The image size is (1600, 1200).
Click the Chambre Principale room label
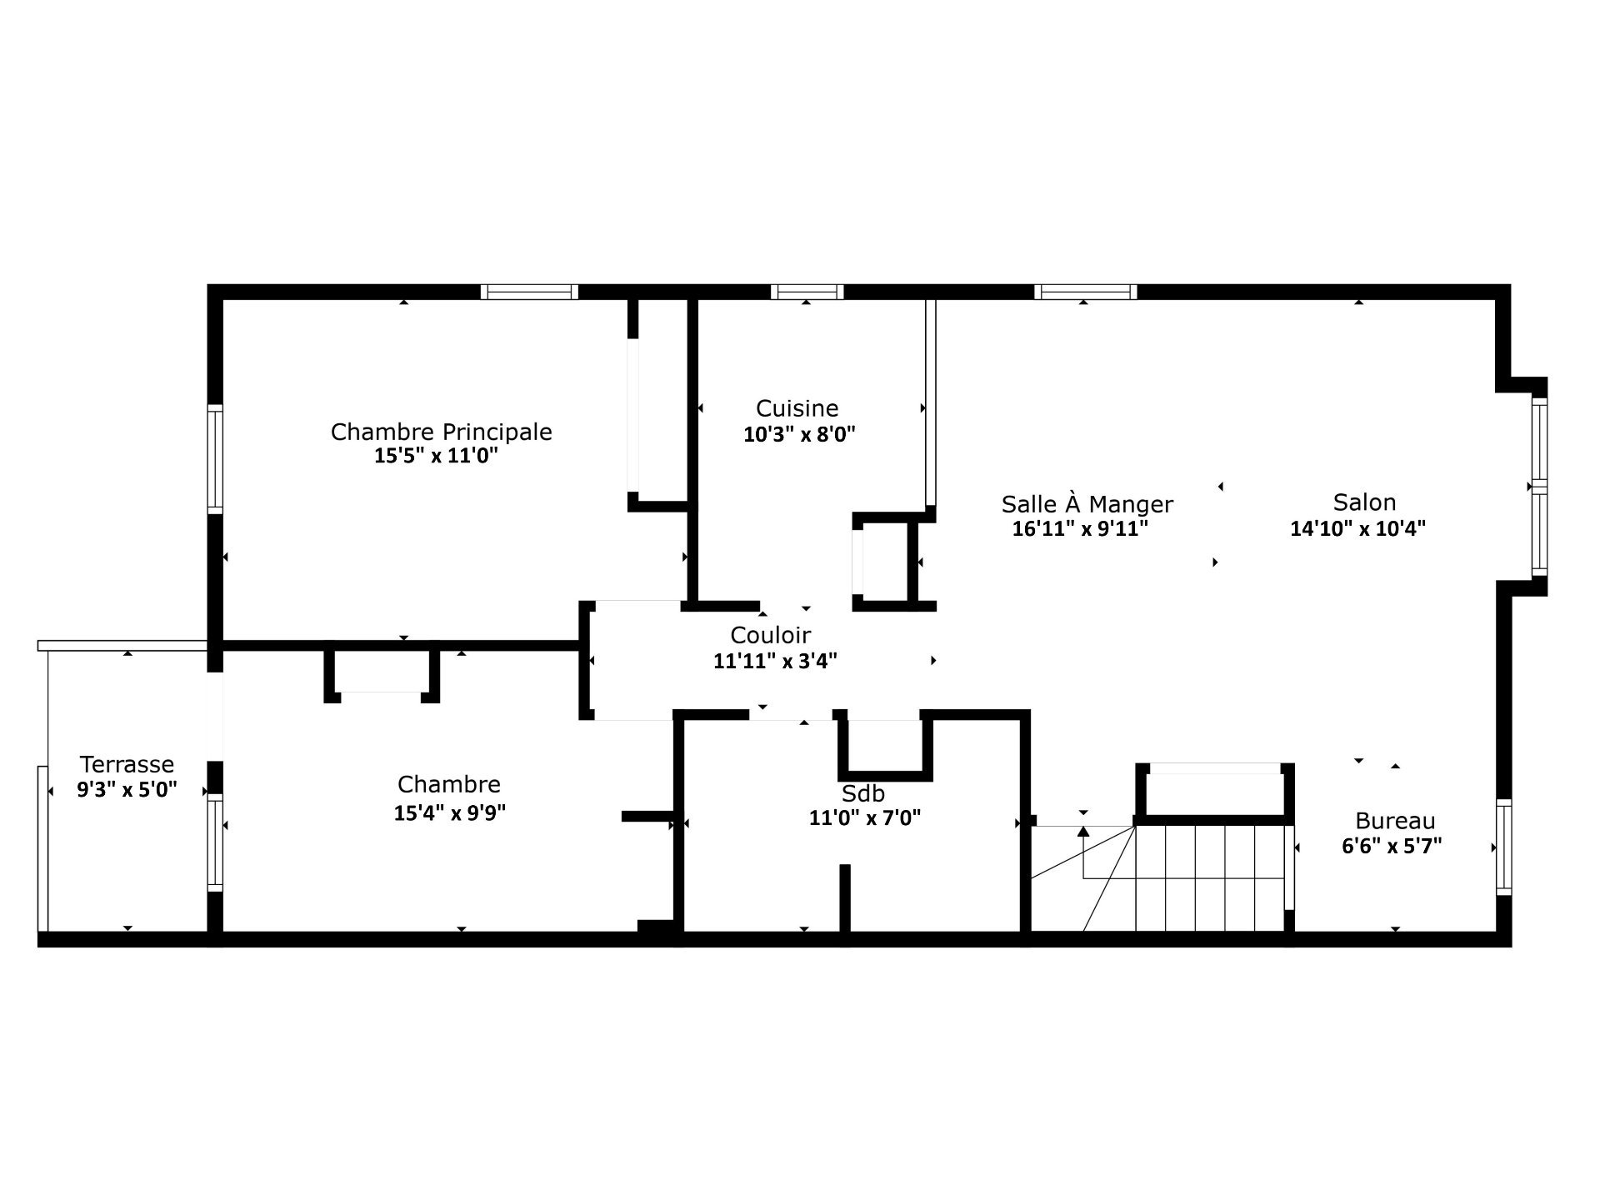point(441,432)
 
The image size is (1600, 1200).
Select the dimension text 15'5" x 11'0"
point(436,456)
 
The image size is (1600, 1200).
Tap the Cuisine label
point(797,408)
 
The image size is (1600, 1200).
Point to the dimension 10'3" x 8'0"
point(799,434)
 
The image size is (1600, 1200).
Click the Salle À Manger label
point(1087,504)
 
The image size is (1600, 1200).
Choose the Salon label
point(1364,502)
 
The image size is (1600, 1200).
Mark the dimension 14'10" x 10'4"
point(1357,528)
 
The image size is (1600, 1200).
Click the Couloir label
point(770,635)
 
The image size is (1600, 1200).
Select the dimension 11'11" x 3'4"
point(775,661)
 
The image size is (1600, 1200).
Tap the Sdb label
point(862,793)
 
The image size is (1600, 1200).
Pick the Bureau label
point(1395,821)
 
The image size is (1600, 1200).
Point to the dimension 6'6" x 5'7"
point(1392,846)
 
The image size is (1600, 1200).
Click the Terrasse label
point(127,764)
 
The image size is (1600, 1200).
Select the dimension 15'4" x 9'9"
point(449,812)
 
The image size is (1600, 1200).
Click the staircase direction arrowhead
point(1083,831)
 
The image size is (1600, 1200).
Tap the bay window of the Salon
point(1539,487)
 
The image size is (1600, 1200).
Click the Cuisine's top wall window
point(807,292)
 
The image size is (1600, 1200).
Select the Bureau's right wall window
point(1503,847)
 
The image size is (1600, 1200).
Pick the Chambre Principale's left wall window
point(215,459)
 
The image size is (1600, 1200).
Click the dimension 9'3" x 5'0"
point(127,789)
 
